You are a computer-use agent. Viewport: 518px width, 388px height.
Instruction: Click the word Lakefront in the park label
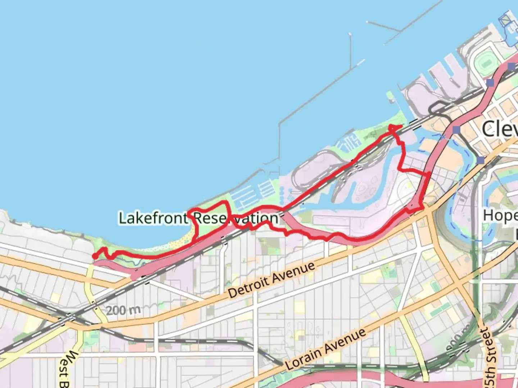[x=153, y=218]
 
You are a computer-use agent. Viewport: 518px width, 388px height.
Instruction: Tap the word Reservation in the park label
[x=236, y=218]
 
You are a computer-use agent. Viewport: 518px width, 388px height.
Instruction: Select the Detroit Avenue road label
[x=272, y=280]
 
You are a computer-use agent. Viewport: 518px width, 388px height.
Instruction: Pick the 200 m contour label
[x=123, y=310]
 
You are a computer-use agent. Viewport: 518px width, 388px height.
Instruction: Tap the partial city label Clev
[x=500, y=129]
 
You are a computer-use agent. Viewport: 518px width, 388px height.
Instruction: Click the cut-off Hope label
[x=500, y=216]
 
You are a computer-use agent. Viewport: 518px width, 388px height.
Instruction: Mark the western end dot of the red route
[x=95, y=256]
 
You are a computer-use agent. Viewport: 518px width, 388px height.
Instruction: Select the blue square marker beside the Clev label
[x=456, y=130]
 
